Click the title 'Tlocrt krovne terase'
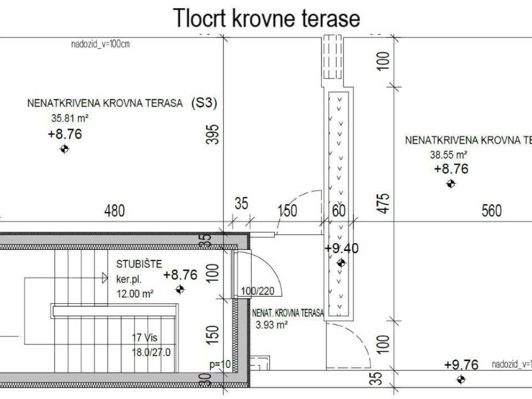pyautogui.click(x=267, y=18)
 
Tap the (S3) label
pyautogui.click(x=204, y=103)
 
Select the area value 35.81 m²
pyautogui.click(x=68, y=118)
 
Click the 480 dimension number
pyautogui.click(x=115, y=211)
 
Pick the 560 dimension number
pyautogui.click(x=491, y=211)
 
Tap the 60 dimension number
pyautogui.click(x=339, y=211)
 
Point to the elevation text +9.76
pyautogui.click(x=461, y=365)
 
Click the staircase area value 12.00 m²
pyautogui.click(x=135, y=294)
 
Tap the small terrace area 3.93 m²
pyautogui.click(x=272, y=326)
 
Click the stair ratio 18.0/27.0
pyautogui.click(x=151, y=352)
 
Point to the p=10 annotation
pyautogui.click(x=219, y=364)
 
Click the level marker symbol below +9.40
pyautogui.click(x=341, y=263)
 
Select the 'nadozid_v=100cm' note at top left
pyautogui.click(x=100, y=44)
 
